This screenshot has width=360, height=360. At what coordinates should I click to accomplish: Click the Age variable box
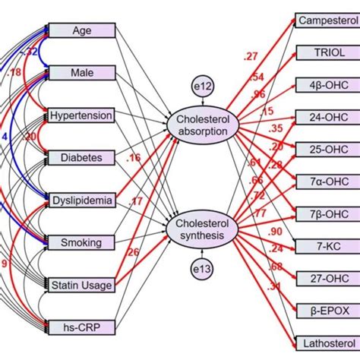pyautogui.click(x=81, y=31)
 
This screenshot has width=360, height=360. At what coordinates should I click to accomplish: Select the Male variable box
pyautogui.click(x=81, y=73)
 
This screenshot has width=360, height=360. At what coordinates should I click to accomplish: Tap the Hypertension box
pyautogui.click(x=81, y=116)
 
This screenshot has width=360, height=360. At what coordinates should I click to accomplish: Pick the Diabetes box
pyautogui.click(x=81, y=158)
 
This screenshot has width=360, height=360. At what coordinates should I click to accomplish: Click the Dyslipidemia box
pyautogui.click(x=81, y=201)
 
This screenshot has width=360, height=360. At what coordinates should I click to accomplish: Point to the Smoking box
pyautogui.click(x=81, y=243)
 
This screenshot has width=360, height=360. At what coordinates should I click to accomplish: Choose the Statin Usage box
pyautogui.click(x=81, y=286)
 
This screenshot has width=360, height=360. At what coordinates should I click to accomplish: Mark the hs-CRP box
pyautogui.click(x=81, y=328)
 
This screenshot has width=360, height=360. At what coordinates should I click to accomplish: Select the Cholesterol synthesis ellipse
pyautogui.click(x=202, y=229)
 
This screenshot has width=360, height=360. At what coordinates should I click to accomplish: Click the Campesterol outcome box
pyautogui.click(x=326, y=21)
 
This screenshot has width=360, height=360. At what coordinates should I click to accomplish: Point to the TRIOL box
pyautogui.click(x=326, y=52)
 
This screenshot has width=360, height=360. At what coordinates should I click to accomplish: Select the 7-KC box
pyautogui.click(x=326, y=245)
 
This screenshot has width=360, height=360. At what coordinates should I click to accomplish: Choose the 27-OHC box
pyautogui.click(x=326, y=277)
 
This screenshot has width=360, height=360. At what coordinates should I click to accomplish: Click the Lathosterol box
pyautogui.click(x=326, y=342)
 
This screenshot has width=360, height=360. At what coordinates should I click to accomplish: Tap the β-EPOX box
pyautogui.click(x=326, y=310)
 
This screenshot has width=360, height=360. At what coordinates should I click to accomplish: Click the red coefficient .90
pyautogui.click(x=276, y=231)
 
